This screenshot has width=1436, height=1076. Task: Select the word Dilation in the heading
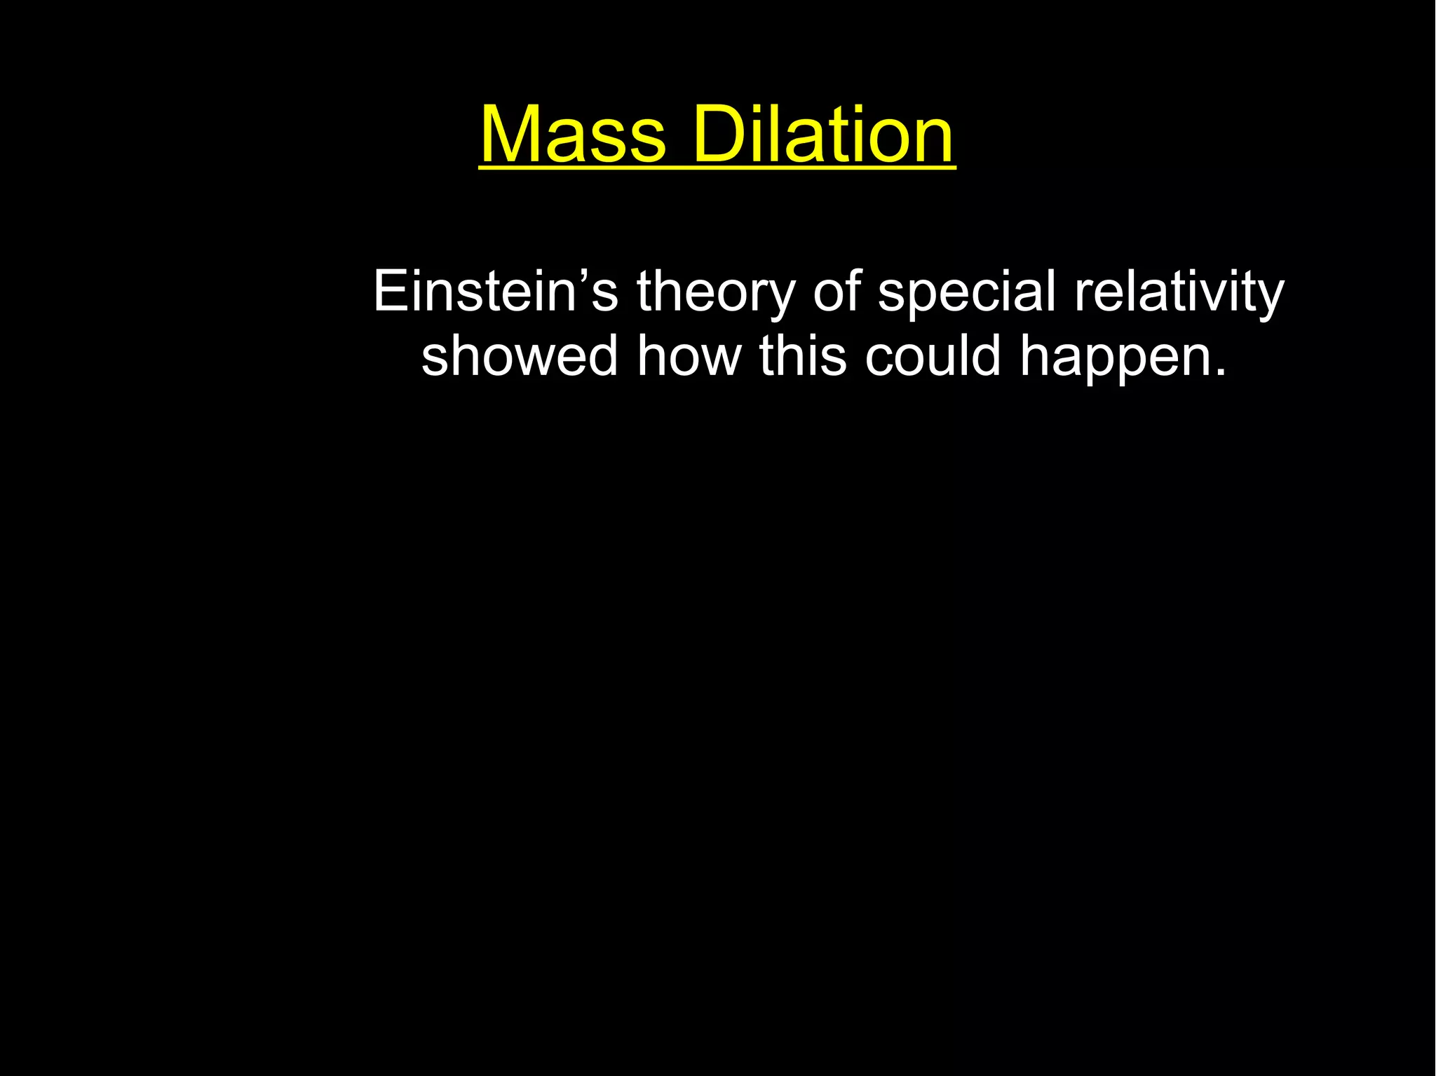(824, 134)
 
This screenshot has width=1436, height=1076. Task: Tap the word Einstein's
(495, 291)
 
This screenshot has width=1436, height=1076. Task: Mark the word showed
(520, 355)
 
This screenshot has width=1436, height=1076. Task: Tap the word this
(803, 355)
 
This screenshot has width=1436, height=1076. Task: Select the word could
(933, 355)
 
